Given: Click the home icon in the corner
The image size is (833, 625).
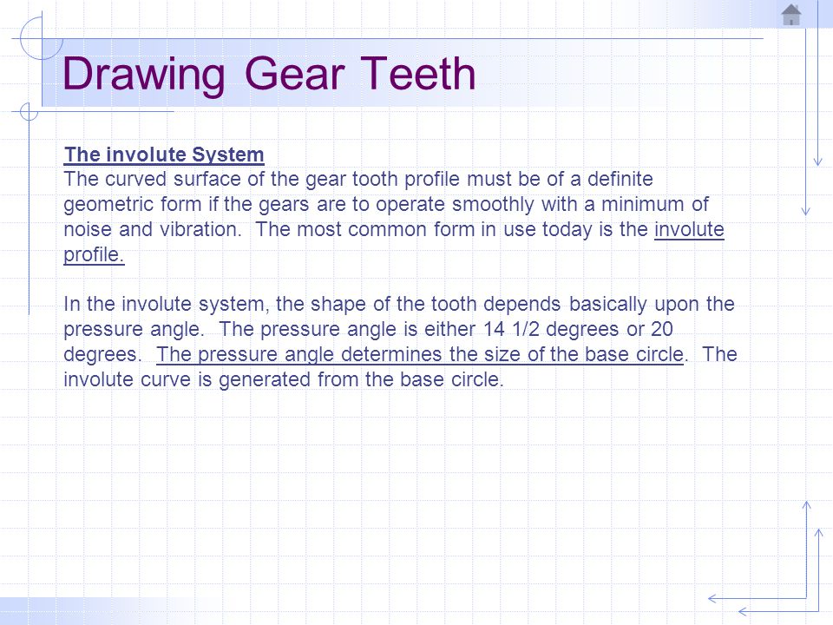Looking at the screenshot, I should pos(791,15).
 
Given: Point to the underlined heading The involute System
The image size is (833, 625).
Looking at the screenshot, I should pos(164,155).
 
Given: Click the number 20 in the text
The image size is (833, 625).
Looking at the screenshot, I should pos(684,330).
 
